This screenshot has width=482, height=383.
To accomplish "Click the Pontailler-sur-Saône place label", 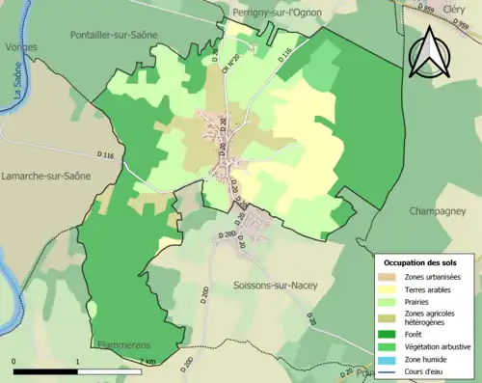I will click(115, 33).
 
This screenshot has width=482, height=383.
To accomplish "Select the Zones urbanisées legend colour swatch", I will click(389, 277).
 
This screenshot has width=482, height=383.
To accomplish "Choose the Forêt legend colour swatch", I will click(389, 331).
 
